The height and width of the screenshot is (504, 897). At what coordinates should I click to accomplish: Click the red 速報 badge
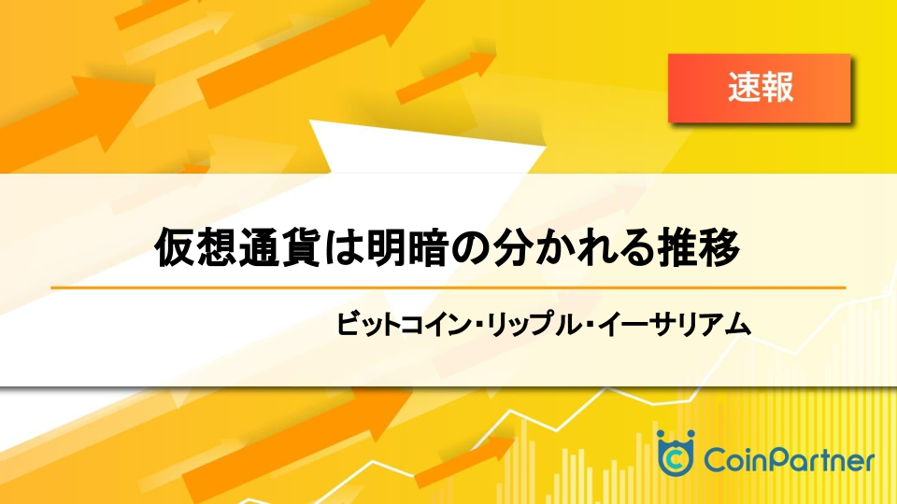click(x=759, y=88)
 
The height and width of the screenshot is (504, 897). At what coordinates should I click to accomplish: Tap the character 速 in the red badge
click(x=744, y=88)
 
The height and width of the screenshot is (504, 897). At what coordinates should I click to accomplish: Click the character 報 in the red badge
click(x=777, y=88)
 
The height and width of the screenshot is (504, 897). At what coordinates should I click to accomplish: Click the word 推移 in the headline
click(x=699, y=247)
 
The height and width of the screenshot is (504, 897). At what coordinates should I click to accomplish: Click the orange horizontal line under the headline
click(x=448, y=288)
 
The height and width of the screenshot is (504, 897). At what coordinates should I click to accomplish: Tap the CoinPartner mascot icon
click(x=676, y=453)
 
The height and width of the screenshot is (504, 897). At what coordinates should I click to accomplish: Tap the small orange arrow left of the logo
click(x=464, y=462)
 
